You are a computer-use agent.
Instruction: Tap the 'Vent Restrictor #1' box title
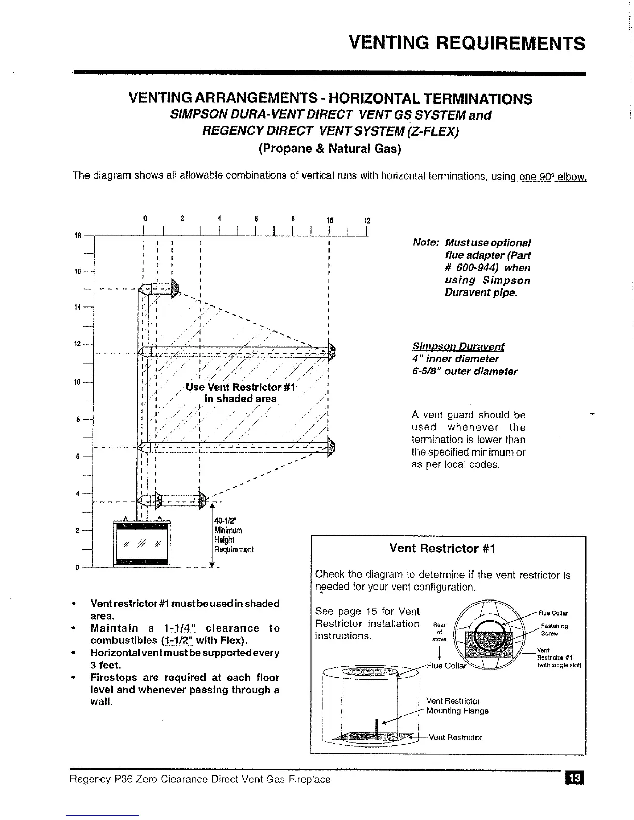[x=442, y=548]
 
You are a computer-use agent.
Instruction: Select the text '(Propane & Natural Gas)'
[x=329, y=149]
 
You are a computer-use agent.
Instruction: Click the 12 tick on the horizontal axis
[x=367, y=221]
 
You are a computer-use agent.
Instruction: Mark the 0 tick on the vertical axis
[x=77, y=567]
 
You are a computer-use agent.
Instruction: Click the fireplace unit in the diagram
[x=142, y=543]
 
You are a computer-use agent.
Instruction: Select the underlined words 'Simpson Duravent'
[x=458, y=346]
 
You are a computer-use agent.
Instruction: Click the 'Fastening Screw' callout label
[x=554, y=629]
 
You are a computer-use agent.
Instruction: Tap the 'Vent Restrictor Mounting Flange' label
[x=457, y=706]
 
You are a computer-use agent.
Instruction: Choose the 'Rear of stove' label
[x=439, y=632]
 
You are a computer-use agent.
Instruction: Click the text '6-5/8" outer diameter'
[x=465, y=371]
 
